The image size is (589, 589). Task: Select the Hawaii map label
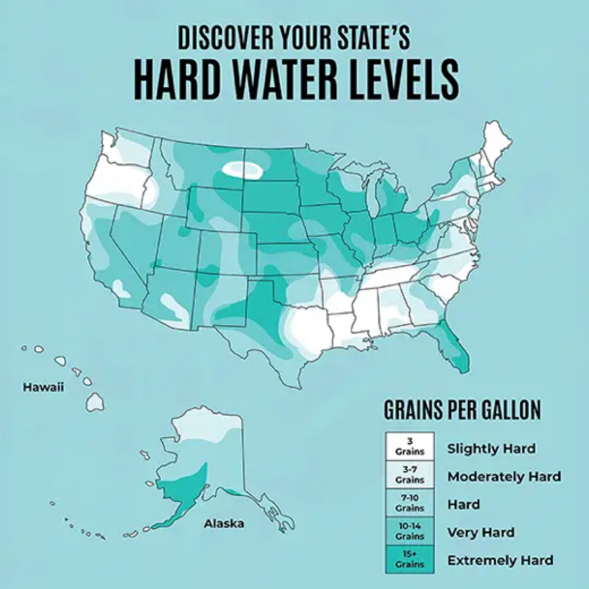(x=43, y=388)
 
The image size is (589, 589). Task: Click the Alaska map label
(x=224, y=523)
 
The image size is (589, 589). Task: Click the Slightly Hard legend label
(x=491, y=448)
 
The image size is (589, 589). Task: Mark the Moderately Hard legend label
(x=504, y=476)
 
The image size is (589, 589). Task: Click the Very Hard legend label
(x=481, y=532)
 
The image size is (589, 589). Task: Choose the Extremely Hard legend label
(x=500, y=560)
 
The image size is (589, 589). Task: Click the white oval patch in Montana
(x=242, y=170)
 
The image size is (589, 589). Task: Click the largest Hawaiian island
(x=95, y=402)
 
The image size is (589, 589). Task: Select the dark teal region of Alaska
(x=183, y=486)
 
